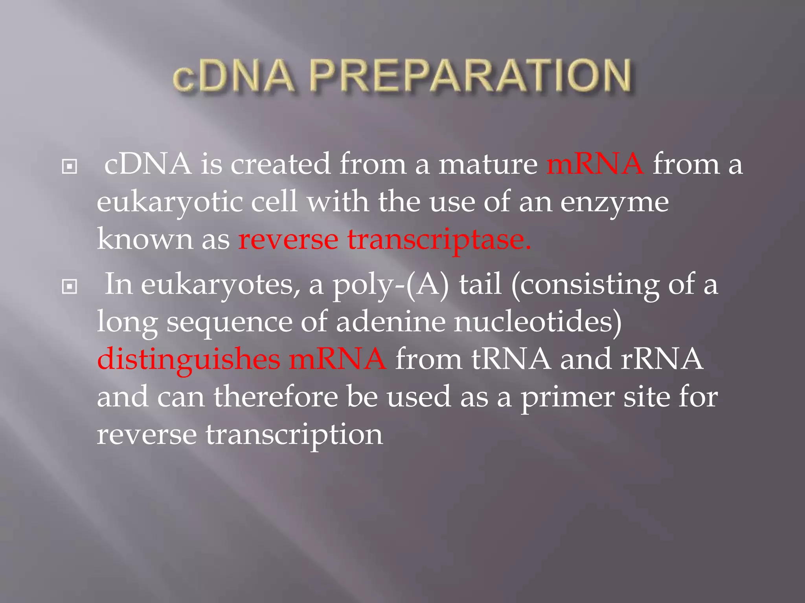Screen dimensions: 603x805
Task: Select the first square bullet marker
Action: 70,167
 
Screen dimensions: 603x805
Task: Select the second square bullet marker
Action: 70,287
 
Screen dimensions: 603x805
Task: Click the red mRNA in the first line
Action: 595,164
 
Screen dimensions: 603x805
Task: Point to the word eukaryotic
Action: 170,203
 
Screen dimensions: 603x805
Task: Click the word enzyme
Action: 614,203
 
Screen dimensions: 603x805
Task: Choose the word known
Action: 145,239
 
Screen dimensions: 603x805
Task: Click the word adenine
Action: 391,322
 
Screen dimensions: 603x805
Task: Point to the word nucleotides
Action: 538,322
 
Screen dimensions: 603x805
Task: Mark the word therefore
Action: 276,397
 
